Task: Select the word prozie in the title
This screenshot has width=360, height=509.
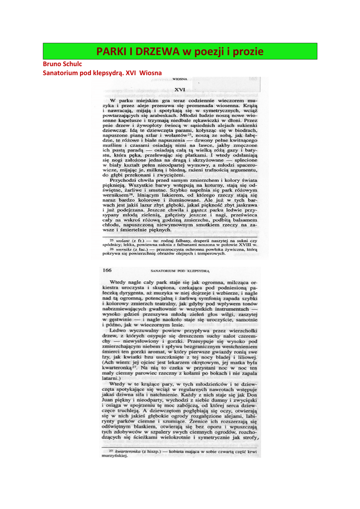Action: (x=248, y=52)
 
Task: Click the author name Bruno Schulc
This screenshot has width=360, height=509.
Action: (x=62, y=64)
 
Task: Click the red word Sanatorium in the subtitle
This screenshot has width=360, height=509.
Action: (x=62, y=73)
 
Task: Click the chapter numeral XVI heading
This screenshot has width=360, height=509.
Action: (x=180, y=89)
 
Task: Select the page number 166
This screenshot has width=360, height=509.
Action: (x=107, y=270)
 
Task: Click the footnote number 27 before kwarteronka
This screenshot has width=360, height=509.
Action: (x=112, y=450)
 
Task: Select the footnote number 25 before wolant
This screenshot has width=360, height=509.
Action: (x=112, y=240)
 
